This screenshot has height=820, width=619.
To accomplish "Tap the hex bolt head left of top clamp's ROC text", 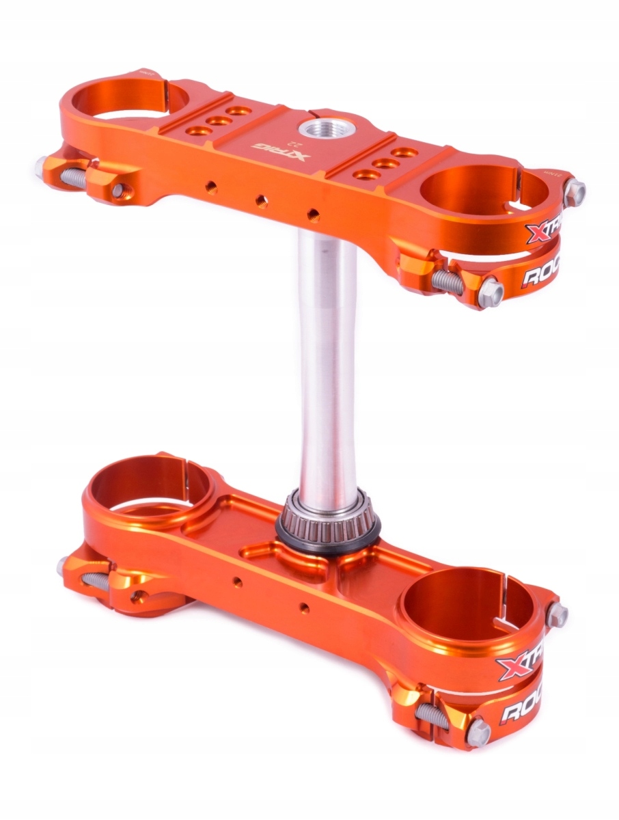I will [491, 292].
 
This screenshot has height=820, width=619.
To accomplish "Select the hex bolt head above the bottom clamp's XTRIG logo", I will [556, 614].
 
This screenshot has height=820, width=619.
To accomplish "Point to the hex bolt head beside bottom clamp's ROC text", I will [478, 733].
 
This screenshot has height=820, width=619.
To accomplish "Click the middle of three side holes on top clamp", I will [261, 200].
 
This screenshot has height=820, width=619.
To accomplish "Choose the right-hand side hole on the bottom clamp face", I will [304, 607].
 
